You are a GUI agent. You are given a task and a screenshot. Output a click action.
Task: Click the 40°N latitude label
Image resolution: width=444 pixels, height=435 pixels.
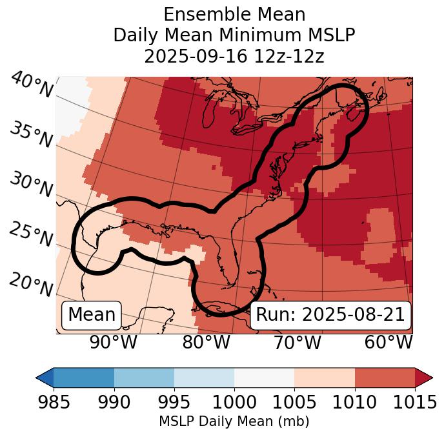point(31,86)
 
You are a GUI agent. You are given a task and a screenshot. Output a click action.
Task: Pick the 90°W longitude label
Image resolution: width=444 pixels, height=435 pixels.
point(114,343)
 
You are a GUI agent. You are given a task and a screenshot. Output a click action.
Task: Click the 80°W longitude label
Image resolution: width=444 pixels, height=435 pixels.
point(206,343)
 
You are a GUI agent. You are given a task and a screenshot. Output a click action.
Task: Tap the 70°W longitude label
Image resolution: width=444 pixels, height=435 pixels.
point(297,343)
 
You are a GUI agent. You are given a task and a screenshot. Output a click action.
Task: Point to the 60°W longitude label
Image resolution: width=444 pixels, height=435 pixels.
point(388,343)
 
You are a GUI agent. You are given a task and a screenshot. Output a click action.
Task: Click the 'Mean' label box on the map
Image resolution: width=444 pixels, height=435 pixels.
point(92,315)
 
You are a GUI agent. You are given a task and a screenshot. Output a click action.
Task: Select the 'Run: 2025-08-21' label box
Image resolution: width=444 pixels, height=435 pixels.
point(330,315)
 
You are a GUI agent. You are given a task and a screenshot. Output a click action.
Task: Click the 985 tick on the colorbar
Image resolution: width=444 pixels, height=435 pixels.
point(54,402)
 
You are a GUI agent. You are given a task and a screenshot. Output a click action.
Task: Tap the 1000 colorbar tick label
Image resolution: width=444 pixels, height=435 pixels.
point(234,402)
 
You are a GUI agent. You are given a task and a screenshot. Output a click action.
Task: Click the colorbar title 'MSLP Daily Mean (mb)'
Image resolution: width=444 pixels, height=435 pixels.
point(234,422)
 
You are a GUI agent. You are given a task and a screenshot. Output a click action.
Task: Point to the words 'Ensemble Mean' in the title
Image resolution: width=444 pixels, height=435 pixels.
point(234,14)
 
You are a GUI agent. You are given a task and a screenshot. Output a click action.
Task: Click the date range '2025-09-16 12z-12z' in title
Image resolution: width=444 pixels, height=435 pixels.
point(234,56)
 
